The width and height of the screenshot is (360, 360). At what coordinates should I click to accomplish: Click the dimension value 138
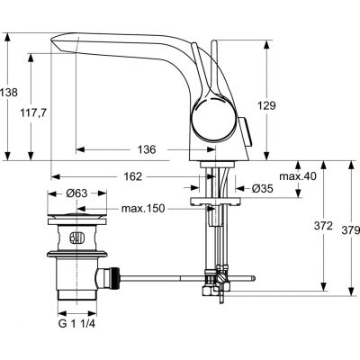pos(10,92)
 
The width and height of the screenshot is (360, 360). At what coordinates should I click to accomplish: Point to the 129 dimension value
pos(288,103)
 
